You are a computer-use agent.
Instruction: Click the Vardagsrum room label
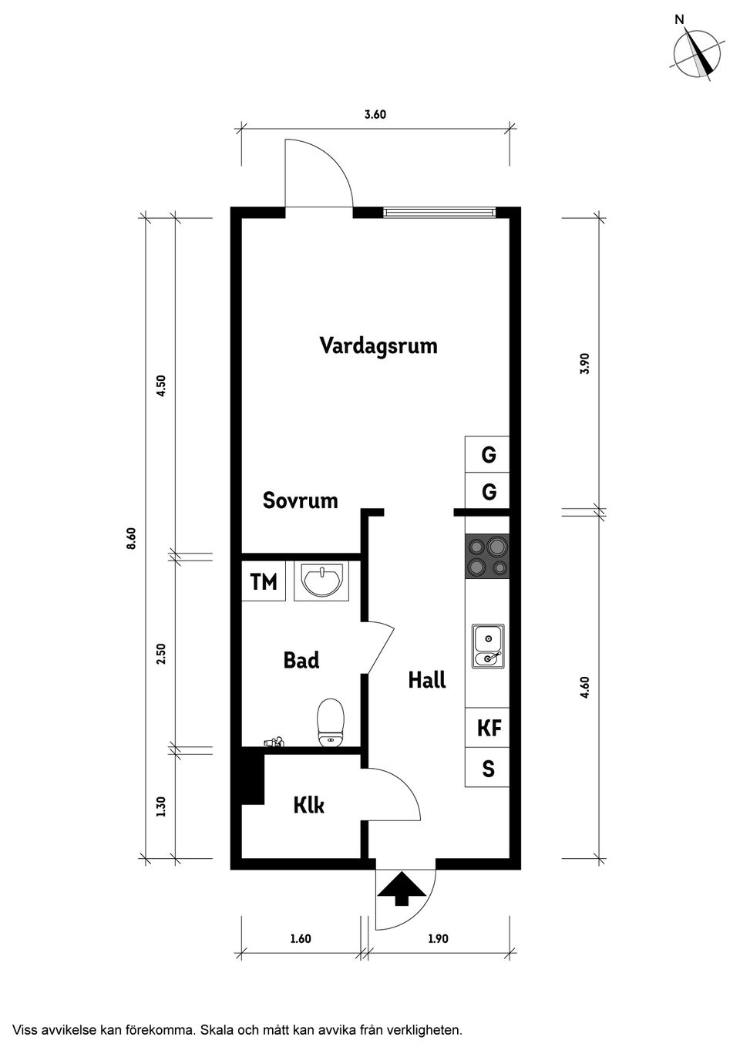pos(378,345)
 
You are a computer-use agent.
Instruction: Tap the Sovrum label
pos(300,500)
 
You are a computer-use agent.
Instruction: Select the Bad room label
pos(301,660)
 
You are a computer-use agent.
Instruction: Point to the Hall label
pos(427,680)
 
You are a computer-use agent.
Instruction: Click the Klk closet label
pos(308,805)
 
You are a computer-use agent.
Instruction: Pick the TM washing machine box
pos(264,582)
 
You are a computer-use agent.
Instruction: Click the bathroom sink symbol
pos(321,581)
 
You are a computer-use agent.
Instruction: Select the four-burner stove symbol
pos(487,557)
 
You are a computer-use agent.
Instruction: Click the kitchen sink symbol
pos(487,646)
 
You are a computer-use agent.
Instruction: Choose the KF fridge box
pos(488,728)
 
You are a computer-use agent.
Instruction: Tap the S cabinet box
pos(488,768)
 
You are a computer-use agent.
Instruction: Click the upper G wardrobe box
pos(488,455)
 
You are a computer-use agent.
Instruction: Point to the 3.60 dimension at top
pos(375,114)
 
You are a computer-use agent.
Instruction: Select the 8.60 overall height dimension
pos(131,537)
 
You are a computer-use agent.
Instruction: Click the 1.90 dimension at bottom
pos(438,938)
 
